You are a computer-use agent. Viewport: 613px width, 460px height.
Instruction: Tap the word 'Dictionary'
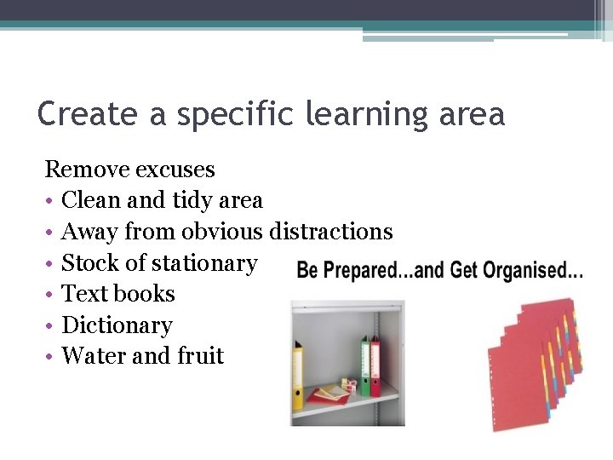tap(117, 325)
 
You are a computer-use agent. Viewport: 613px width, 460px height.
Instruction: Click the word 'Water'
tap(92, 355)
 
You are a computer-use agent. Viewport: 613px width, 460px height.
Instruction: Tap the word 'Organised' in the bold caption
tap(533, 272)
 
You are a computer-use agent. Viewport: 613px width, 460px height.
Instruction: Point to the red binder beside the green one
tap(375, 366)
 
